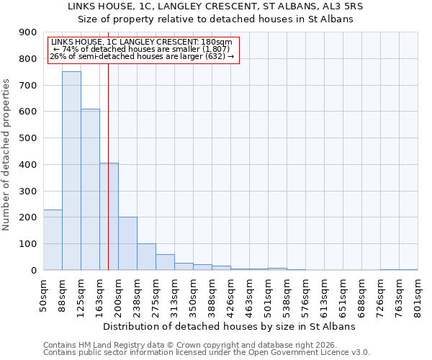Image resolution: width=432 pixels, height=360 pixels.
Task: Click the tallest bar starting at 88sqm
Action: [x=71, y=171]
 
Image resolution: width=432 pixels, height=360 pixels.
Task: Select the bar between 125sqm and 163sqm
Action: [x=90, y=189]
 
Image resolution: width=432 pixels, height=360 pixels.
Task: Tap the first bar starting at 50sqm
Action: [x=53, y=240]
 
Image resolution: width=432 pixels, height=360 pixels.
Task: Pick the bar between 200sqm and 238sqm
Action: [x=127, y=243]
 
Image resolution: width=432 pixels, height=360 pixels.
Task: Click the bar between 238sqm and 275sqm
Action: [x=146, y=257]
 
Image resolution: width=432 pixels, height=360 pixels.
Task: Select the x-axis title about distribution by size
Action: [x=230, y=326]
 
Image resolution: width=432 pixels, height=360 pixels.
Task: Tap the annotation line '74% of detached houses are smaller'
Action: [x=143, y=49]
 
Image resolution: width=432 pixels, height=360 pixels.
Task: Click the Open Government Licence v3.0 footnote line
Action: [x=207, y=353]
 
